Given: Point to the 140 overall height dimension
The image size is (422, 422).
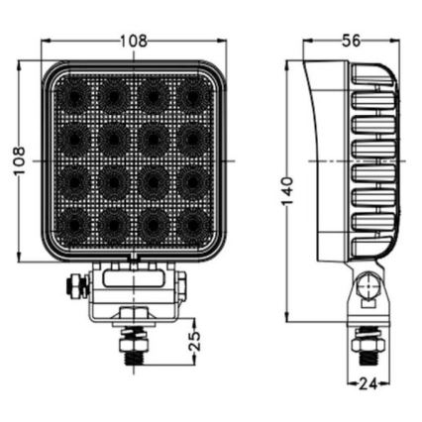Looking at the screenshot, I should [x=287, y=189].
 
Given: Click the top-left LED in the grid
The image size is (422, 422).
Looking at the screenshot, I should [x=70, y=95].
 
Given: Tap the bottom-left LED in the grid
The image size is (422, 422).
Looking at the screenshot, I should [x=70, y=225].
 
